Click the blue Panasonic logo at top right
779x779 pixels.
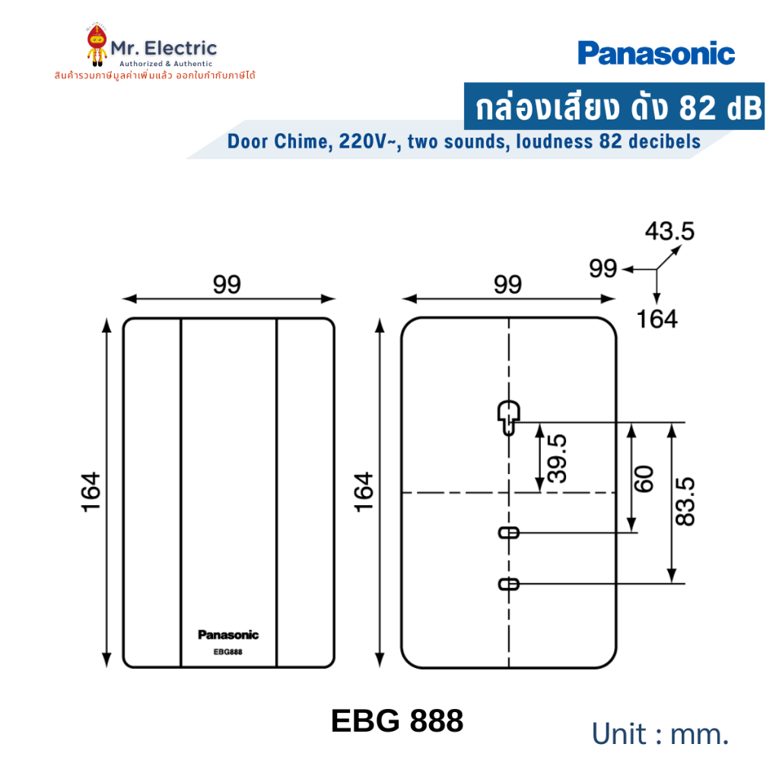click(x=656, y=53)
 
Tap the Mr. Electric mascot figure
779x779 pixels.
click(x=97, y=45)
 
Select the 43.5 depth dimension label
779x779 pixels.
click(x=669, y=231)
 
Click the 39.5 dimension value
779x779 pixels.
click(x=557, y=459)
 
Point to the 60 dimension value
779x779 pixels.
click(x=644, y=479)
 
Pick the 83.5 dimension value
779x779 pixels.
click(x=685, y=501)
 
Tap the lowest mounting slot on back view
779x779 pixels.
click(x=509, y=584)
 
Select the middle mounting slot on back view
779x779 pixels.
click(x=509, y=533)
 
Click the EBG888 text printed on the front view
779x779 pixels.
click(x=228, y=652)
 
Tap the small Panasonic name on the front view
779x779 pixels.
click(x=228, y=634)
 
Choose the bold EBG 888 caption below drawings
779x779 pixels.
click(x=397, y=721)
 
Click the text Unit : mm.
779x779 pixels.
click(x=660, y=734)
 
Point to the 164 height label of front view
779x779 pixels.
click(x=91, y=492)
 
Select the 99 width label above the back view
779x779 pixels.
click(x=507, y=285)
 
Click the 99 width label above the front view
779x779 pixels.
click(x=227, y=285)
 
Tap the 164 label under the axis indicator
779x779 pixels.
click(x=657, y=320)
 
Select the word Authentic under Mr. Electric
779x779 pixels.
click(x=192, y=64)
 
